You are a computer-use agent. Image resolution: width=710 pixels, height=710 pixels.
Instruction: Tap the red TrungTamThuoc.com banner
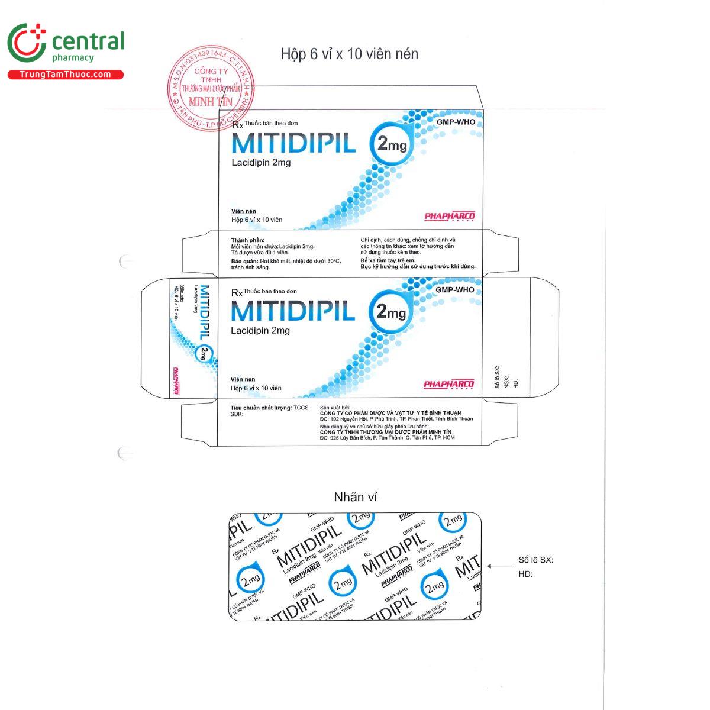click(65, 75)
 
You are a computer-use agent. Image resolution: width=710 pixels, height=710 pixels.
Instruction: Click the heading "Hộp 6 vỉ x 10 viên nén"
click(349, 54)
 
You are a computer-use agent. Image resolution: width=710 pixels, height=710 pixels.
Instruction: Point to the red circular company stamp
click(211, 88)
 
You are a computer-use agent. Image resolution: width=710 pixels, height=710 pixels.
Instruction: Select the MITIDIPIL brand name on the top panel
click(293, 143)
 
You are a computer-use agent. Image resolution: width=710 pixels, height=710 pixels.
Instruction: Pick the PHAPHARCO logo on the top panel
click(450, 216)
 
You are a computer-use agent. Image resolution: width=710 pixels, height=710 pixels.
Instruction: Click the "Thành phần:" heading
click(248, 240)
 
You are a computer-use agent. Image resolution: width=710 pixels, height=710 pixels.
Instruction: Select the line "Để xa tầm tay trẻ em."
click(388, 260)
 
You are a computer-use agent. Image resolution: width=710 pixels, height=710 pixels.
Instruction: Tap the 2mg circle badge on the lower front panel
click(390, 311)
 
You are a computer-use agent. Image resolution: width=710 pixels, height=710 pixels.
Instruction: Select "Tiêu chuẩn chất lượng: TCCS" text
click(269, 408)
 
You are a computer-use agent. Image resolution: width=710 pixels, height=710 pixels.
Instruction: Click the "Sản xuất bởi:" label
click(335, 408)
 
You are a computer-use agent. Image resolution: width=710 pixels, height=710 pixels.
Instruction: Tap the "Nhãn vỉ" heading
click(355, 497)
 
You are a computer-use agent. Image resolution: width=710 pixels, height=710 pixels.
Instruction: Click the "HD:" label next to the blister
click(525, 574)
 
